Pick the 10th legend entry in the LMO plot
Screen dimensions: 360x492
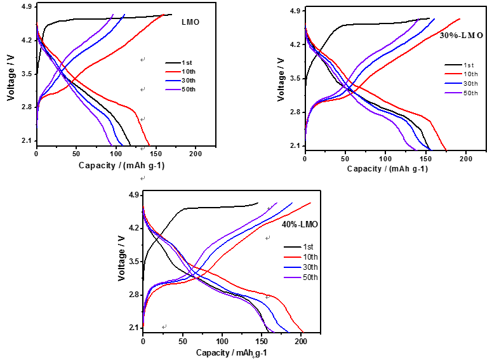pos(189,72)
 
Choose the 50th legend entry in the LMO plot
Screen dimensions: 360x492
pos(189,90)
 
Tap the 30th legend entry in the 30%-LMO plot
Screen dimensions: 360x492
pos(469,84)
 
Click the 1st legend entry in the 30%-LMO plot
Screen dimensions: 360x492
pos(469,65)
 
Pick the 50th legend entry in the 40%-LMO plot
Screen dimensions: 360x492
pos(309,277)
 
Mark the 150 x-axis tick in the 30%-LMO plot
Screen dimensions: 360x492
pos(425,158)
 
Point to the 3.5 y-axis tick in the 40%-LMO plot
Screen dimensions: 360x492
pos(131,261)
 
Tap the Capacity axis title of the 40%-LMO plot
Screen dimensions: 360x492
pos(231,352)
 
